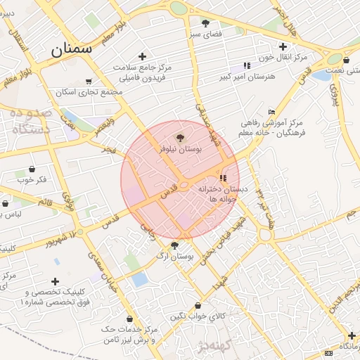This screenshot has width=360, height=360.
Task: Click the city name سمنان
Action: [x=72, y=49]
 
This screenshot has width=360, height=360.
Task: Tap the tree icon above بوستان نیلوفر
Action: [x=180, y=138]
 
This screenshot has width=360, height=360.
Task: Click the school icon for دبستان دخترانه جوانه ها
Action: [x=224, y=178]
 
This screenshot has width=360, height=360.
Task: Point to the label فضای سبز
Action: [x=206, y=33]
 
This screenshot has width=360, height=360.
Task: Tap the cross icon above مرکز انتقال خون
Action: [x=282, y=46]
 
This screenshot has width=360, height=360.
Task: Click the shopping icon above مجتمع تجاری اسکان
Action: [x=88, y=82]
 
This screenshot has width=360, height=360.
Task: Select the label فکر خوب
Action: [x=32, y=179]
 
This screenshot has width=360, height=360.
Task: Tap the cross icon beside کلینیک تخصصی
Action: [x=55, y=281]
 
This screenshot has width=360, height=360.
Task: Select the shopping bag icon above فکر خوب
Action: [x=32, y=169]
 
